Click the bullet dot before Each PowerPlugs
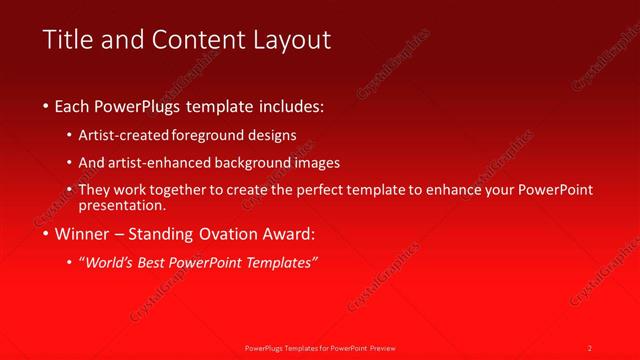(x=46, y=105)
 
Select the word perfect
(x=333, y=190)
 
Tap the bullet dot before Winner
(x=46, y=235)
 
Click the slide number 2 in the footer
(x=590, y=347)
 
